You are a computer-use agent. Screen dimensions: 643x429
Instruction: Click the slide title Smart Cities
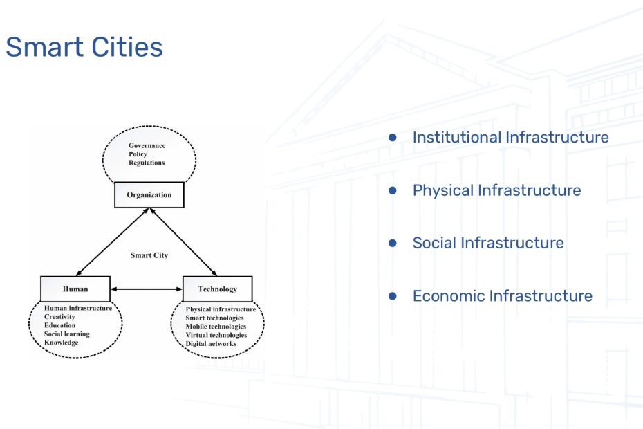(x=84, y=47)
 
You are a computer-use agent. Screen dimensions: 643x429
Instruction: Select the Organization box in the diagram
(x=149, y=195)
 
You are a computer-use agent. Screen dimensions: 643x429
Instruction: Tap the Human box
(x=75, y=289)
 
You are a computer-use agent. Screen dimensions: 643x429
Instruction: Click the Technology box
(x=217, y=289)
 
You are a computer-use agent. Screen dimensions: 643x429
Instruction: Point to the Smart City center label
(x=149, y=255)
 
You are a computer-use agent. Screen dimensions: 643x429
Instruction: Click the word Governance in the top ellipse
(x=147, y=145)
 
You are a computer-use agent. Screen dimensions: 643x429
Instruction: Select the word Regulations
(x=147, y=163)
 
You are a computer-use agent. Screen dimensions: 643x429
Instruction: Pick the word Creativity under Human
(x=59, y=316)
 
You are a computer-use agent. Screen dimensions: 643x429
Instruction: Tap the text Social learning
(x=67, y=334)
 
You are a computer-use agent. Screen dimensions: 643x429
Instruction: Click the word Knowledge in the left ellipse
(x=61, y=343)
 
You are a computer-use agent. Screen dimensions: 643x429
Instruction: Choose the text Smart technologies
(x=214, y=318)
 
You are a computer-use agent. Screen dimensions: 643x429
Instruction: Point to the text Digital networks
(x=211, y=344)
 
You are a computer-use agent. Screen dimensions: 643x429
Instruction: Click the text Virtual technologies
(x=216, y=335)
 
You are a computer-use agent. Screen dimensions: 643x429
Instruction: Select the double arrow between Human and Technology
(x=147, y=289)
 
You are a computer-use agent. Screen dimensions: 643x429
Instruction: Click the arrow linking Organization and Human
(x=112, y=241)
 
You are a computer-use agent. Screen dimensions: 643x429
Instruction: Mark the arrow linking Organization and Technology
(x=183, y=241)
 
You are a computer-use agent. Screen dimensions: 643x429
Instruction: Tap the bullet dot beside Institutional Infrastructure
(x=393, y=138)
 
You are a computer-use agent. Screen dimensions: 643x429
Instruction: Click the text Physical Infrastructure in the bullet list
(x=496, y=190)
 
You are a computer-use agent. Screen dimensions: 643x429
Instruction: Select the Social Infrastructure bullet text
(x=488, y=243)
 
